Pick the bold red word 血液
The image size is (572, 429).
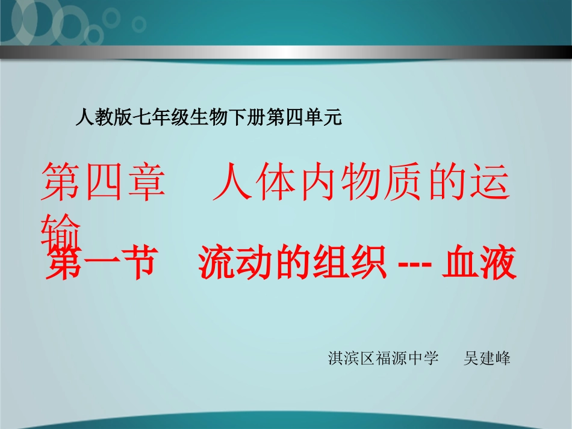(x=480, y=265)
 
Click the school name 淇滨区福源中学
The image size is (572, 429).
(x=384, y=359)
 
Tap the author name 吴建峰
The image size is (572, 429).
(x=487, y=359)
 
